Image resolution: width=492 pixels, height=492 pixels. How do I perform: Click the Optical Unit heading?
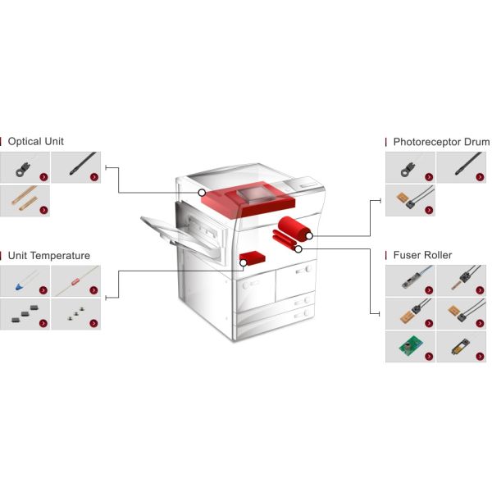coord(36,141)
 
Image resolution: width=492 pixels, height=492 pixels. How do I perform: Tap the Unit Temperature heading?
coord(49,255)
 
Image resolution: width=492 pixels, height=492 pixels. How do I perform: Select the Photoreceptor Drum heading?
coord(441,142)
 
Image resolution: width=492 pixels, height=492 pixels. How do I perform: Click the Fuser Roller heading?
coord(422,255)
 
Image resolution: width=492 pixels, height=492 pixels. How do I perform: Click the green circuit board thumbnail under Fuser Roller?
coord(410,346)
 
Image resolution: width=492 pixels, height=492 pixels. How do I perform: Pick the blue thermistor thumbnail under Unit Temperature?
coord(25,280)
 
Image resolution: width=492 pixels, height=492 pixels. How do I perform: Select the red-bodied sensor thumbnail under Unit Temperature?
coord(76,280)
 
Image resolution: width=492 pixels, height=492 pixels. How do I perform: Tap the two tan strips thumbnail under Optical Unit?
coord(25,201)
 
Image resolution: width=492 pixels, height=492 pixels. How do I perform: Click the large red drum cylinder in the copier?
coord(294,229)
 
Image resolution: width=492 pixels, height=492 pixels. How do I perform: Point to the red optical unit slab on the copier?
coord(248,198)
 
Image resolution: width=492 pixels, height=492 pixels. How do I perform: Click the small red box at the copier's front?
coord(253,258)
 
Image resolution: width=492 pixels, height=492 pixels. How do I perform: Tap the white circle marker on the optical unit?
coord(202,193)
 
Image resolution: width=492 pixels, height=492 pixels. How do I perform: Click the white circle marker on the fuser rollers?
coord(298,249)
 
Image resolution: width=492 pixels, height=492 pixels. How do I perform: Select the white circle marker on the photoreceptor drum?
coord(309,235)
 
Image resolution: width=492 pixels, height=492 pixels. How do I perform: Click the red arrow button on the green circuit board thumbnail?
coord(429,356)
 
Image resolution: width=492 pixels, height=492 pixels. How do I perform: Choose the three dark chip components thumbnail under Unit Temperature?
coord(25,314)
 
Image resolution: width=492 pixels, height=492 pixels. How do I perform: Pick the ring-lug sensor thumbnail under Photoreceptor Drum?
coord(410,167)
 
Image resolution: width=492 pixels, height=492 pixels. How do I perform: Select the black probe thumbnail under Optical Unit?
coord(76,167)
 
